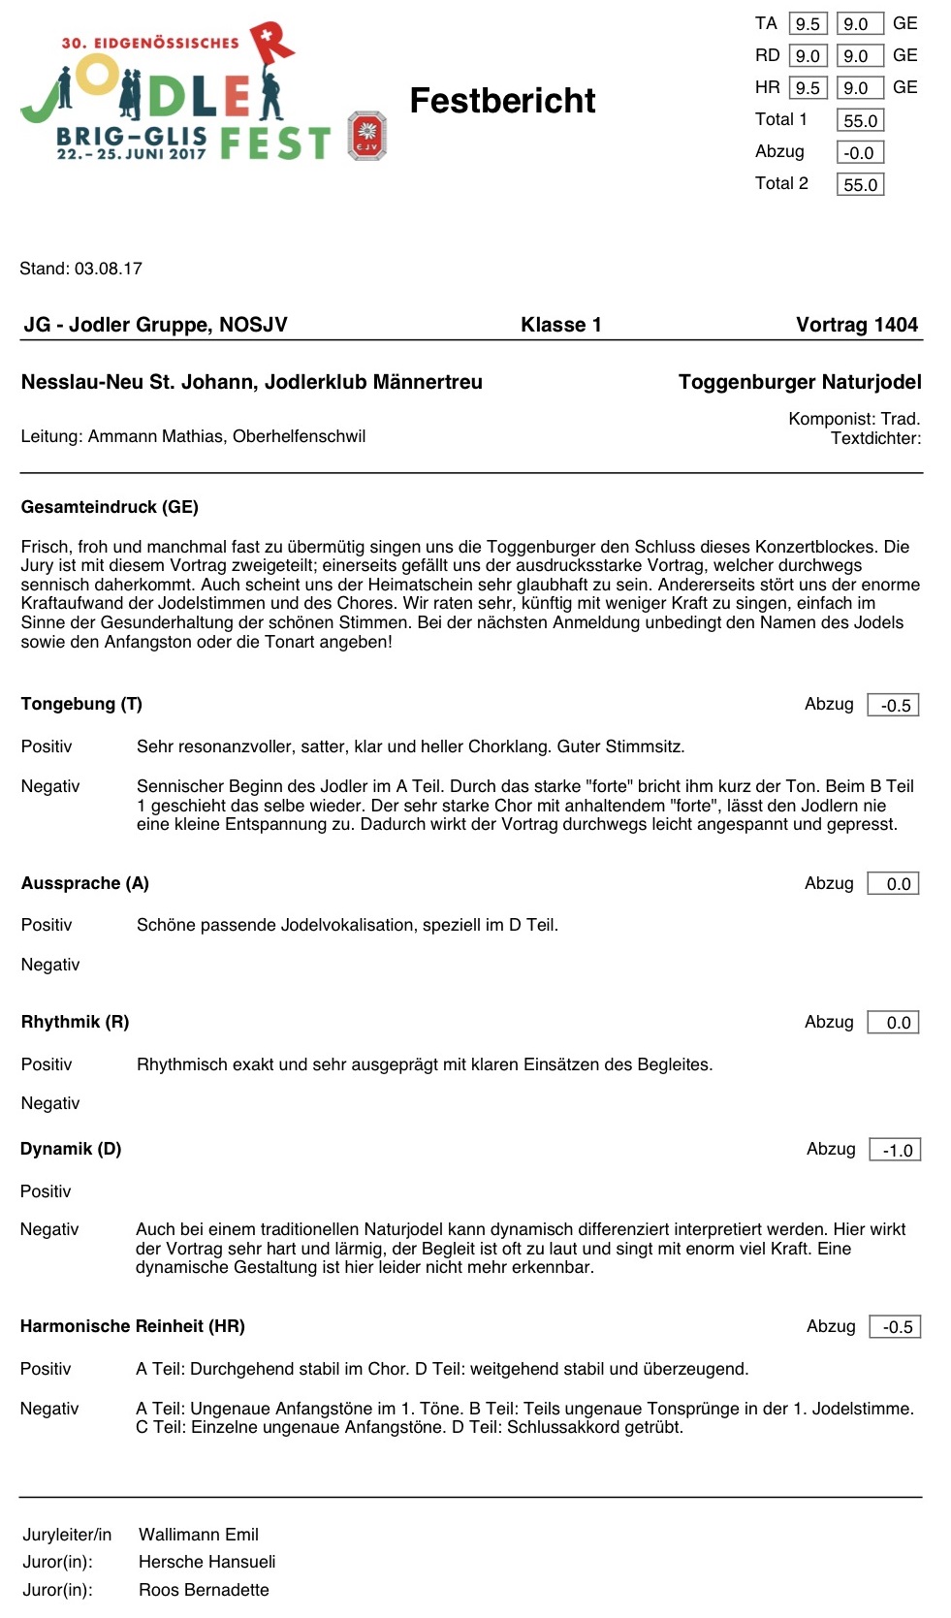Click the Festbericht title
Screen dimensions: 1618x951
pyautogui.click(x=502, y=101)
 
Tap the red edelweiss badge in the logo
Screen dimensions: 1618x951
pyautogui.click(x=367, y=135)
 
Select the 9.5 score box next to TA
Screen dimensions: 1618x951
pyautogui.click(x=808, y=24)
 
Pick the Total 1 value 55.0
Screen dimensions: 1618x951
pyautogui.click(x=860, y=121)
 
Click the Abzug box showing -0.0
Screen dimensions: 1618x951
pyautogui.click(x=860, y=153)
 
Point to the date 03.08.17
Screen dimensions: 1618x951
pyautogui.click(x=108, y=269)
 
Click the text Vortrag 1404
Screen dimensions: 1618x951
pyautogui.click(x=856, y=325)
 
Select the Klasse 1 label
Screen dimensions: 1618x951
pyautogui.click(x=560, y=325)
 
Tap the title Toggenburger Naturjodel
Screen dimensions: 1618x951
pyautogui.click(x=800, y=382)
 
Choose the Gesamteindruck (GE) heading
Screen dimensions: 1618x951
pyautogui.click(x=110, y=507)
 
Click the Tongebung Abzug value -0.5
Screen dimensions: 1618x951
pyautogui.click(x=894, y=706)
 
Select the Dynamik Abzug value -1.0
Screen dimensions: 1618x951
pyautogui.click(x=896, y=1151)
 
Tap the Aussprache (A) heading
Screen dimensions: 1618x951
pyautogui.click(x=85, y=883)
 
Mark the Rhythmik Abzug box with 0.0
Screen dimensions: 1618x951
pyautogui.click(x=894, y=1023)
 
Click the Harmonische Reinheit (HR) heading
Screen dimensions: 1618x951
pyautogui.click(x=133, y=1326)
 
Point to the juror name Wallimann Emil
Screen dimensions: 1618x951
pyautogui.click(x=199, y=1535)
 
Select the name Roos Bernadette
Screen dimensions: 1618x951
pyautogui.click(x=204, y=1590)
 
